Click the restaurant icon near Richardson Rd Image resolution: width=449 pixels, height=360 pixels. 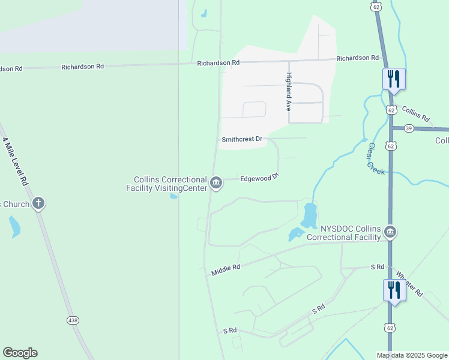pyautogui.click(x=394, y=79)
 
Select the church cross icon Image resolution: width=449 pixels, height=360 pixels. pyautogui.click(x=38, y=203)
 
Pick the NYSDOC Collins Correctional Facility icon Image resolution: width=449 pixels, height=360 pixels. pyautogui.click(x=390, y=232)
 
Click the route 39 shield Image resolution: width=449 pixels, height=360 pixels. pyautogui.click(x=391, y=128)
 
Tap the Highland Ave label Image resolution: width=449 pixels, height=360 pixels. pyautogui.click(x=289, y=92)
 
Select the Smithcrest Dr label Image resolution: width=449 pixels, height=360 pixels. pyautogui.click(x=243, y=139)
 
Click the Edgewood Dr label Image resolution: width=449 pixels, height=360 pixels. pyautogui.click(x=260, y=178)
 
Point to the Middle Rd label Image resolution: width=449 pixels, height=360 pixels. pyautogui.click(x=226, y=270)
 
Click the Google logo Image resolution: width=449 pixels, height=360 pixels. pyautogui.click(x=20, y=353)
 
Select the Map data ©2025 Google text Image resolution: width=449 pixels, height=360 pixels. pyautogui.click(x=412, y=355)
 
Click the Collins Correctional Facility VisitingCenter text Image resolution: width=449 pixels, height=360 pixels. pyautogui.click(x=170, y=184)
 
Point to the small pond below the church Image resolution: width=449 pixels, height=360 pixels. pyautogui.click(x=14, y=226)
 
